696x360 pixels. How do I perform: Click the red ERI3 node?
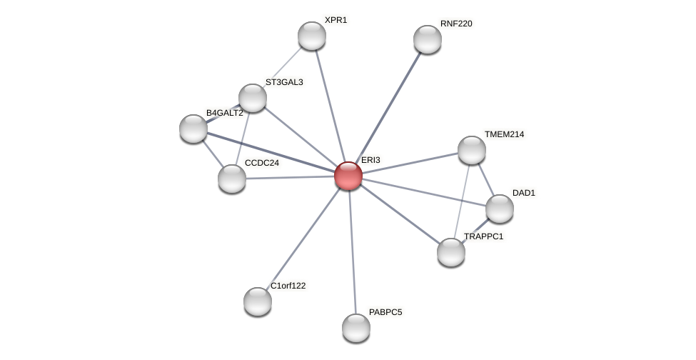click(x=348, y=176)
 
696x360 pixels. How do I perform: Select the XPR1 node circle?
click(x=312, y=36)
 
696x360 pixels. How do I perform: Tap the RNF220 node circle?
click(x=428, y=39)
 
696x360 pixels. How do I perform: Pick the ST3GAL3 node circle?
click(x=253, y=98)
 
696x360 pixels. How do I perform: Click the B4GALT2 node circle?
click(x=193, y=129)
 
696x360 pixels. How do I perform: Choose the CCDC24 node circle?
click(x=232, y=179)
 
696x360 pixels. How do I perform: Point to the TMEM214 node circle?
click(x=472, y=150)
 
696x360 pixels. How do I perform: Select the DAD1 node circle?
click(x=500, y=209)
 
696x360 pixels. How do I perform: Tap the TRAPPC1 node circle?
click(x=451, y=252)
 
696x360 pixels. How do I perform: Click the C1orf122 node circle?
click(x=258, y=301)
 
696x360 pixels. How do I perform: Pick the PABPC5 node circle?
click(x=356, y=328)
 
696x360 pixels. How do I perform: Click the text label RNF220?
click(x=456, y=24)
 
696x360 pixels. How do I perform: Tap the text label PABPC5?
click(x=385, y=312)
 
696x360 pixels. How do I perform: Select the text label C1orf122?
click(x=288, y=286)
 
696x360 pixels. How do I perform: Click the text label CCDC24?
click(x=261, y=163)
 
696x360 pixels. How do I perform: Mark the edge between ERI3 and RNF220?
click(x=388, y=107)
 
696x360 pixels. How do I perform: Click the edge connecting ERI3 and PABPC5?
click(x=352, y=250)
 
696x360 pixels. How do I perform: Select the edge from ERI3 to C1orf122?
click(x=303, y=238)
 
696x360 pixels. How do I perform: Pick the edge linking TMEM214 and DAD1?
click(x=485, y=179)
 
